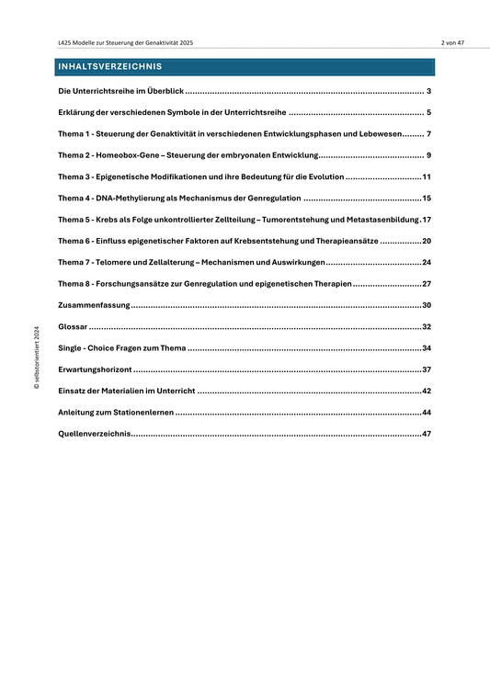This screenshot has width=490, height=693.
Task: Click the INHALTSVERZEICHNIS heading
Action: pyautogui.click(x=109, y=67)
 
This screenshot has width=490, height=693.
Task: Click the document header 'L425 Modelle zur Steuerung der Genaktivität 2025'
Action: pyautogui.click(x=125, y=43)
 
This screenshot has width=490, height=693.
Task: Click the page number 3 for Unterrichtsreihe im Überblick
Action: pyautogui.click(x=429, y=92)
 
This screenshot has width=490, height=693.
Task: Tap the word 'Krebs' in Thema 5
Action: pyautogui.click(x=115, y=219)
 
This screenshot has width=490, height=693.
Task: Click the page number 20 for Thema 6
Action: pyautogui.click(x=427, y=241)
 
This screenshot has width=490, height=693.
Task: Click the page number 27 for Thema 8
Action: pyautogui.click(x=427, y=284)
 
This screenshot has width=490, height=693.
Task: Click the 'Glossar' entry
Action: pyautogui.click(x=73, y=327)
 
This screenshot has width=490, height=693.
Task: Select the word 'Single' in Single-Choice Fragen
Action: pyautogui.click(x=71, y=348)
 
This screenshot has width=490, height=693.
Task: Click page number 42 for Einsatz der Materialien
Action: pyautogui.click(x=427, y=392)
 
